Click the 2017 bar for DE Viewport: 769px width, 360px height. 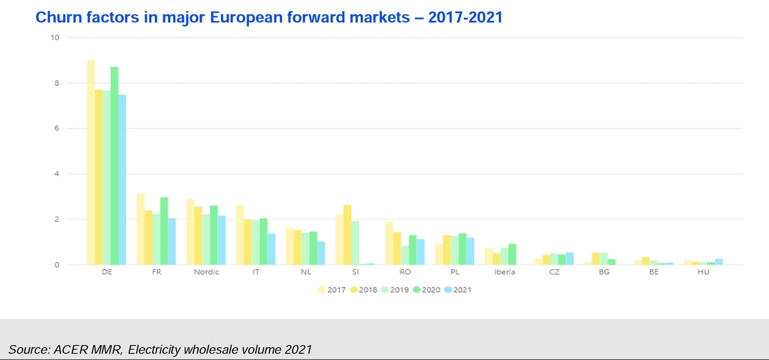pyautogui.click(x=91, y=162)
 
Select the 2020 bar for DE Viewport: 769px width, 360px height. pyautogui.click(x=114, y=166)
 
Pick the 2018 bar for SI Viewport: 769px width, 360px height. pyautogui.click(x=347, y=235)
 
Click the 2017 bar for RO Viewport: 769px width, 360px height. pyautogui.click(x=389, y=243)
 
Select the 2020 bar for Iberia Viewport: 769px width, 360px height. pyautogui.click(x=512, y=254)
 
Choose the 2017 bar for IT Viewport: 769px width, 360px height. pyautogui.click(x=240, y=235)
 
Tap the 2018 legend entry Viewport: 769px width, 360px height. pyautogui.click(x=364, y=289)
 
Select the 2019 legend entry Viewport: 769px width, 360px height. pyautogui.click(x=396, y=289)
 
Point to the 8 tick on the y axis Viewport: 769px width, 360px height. pyautogui.click(x=56, y=83)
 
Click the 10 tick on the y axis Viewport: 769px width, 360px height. pyautogui.click(x=55, y=38)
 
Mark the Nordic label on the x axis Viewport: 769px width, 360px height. pyautogui.click(x=206, y=272)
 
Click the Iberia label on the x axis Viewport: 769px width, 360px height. pyautogui.click(x=504, y=272)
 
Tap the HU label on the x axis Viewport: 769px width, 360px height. pyautogui.click(x=703, y=272)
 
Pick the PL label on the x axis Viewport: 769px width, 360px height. pyautogui.click(x=455, y=272)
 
